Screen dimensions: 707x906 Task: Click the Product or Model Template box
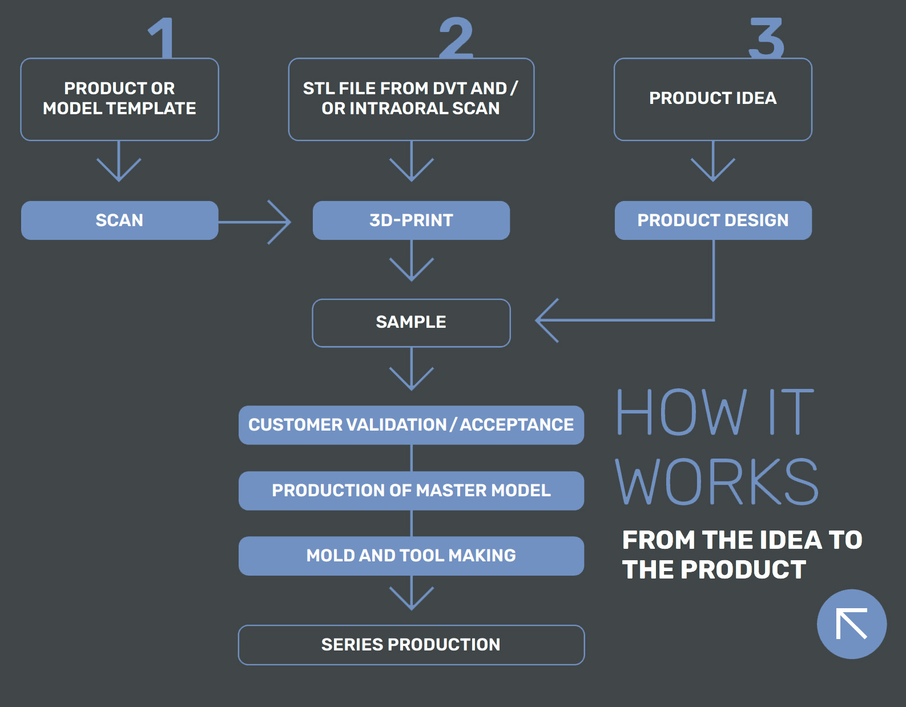click(x=119, y=99)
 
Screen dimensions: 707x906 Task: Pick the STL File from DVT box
click(x=411, y=99)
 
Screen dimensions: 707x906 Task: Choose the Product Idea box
click(x=712, y=99)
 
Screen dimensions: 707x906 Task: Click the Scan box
click(x=119, y=220)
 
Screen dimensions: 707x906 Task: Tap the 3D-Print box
click(x=411, y=220)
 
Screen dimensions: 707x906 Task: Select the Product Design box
click(x=712, y=220)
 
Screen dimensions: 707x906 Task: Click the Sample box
click(x=411, y=323)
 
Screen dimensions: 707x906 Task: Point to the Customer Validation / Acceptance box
click(x=411, y=425)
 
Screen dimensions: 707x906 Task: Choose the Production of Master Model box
click(x=411, y=491)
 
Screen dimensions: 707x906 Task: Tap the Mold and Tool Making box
click(x=411, y=556)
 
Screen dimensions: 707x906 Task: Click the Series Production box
click(x=411, y=645)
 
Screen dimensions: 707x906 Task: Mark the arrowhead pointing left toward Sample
click(x=545, y=320)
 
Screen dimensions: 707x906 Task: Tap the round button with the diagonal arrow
click(x=851, y=624)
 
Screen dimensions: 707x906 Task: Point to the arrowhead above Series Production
click(x=411, y=600)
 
